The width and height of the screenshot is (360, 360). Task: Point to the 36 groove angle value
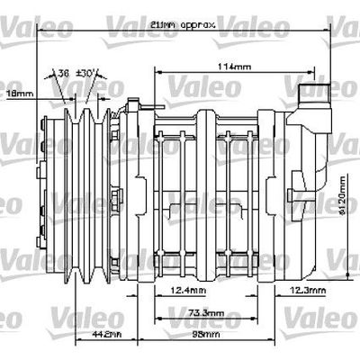tap(63, 73)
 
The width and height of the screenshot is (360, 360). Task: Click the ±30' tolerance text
tap(88, 73)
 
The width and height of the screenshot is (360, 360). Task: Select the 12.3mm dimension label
tap(307, 290)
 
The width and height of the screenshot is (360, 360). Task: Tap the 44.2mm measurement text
tap(106, 334)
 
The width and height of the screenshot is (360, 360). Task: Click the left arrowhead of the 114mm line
tap(158, 71)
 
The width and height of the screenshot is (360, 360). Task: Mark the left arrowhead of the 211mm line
tap(38, 29)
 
